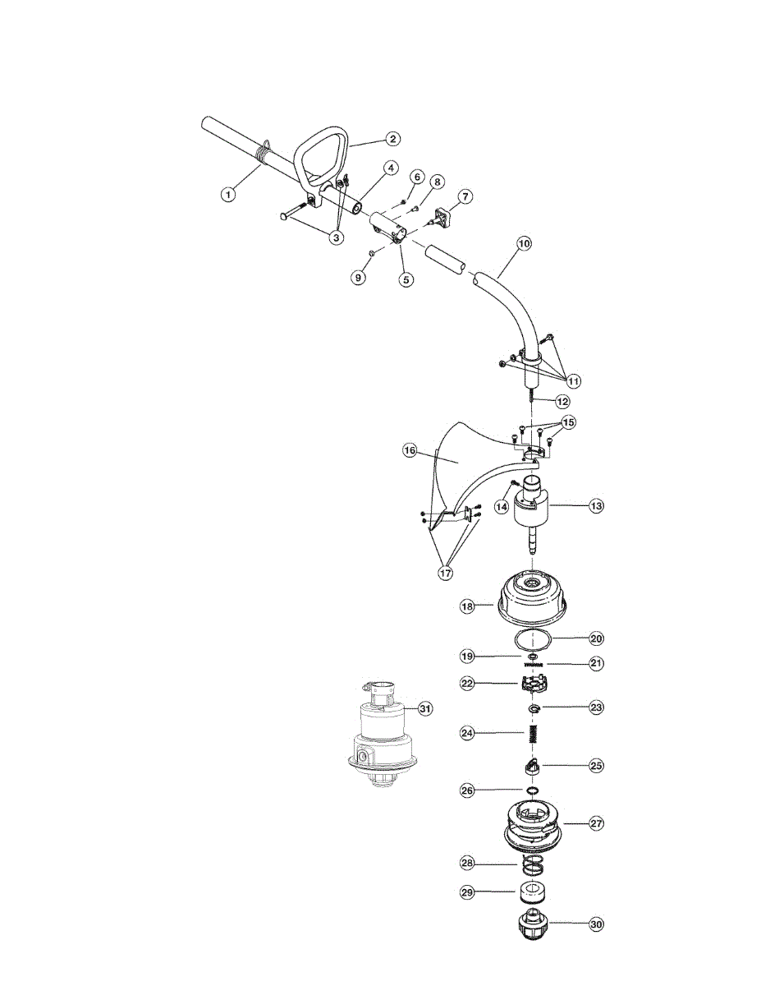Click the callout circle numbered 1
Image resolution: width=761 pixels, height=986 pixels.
228,195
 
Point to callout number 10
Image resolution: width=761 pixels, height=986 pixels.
524,243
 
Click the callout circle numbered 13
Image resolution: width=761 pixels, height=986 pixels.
596,506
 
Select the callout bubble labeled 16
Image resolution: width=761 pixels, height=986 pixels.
410,450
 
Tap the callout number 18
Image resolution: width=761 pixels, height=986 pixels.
468,606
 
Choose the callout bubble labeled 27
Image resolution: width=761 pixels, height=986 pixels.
596,822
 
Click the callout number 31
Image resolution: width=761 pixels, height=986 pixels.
424,708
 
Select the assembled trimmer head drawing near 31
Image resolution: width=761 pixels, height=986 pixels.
378,735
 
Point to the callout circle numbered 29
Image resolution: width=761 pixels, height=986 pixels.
468,891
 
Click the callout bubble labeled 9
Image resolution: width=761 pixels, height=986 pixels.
358,278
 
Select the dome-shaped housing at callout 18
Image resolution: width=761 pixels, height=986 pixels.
534,597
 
